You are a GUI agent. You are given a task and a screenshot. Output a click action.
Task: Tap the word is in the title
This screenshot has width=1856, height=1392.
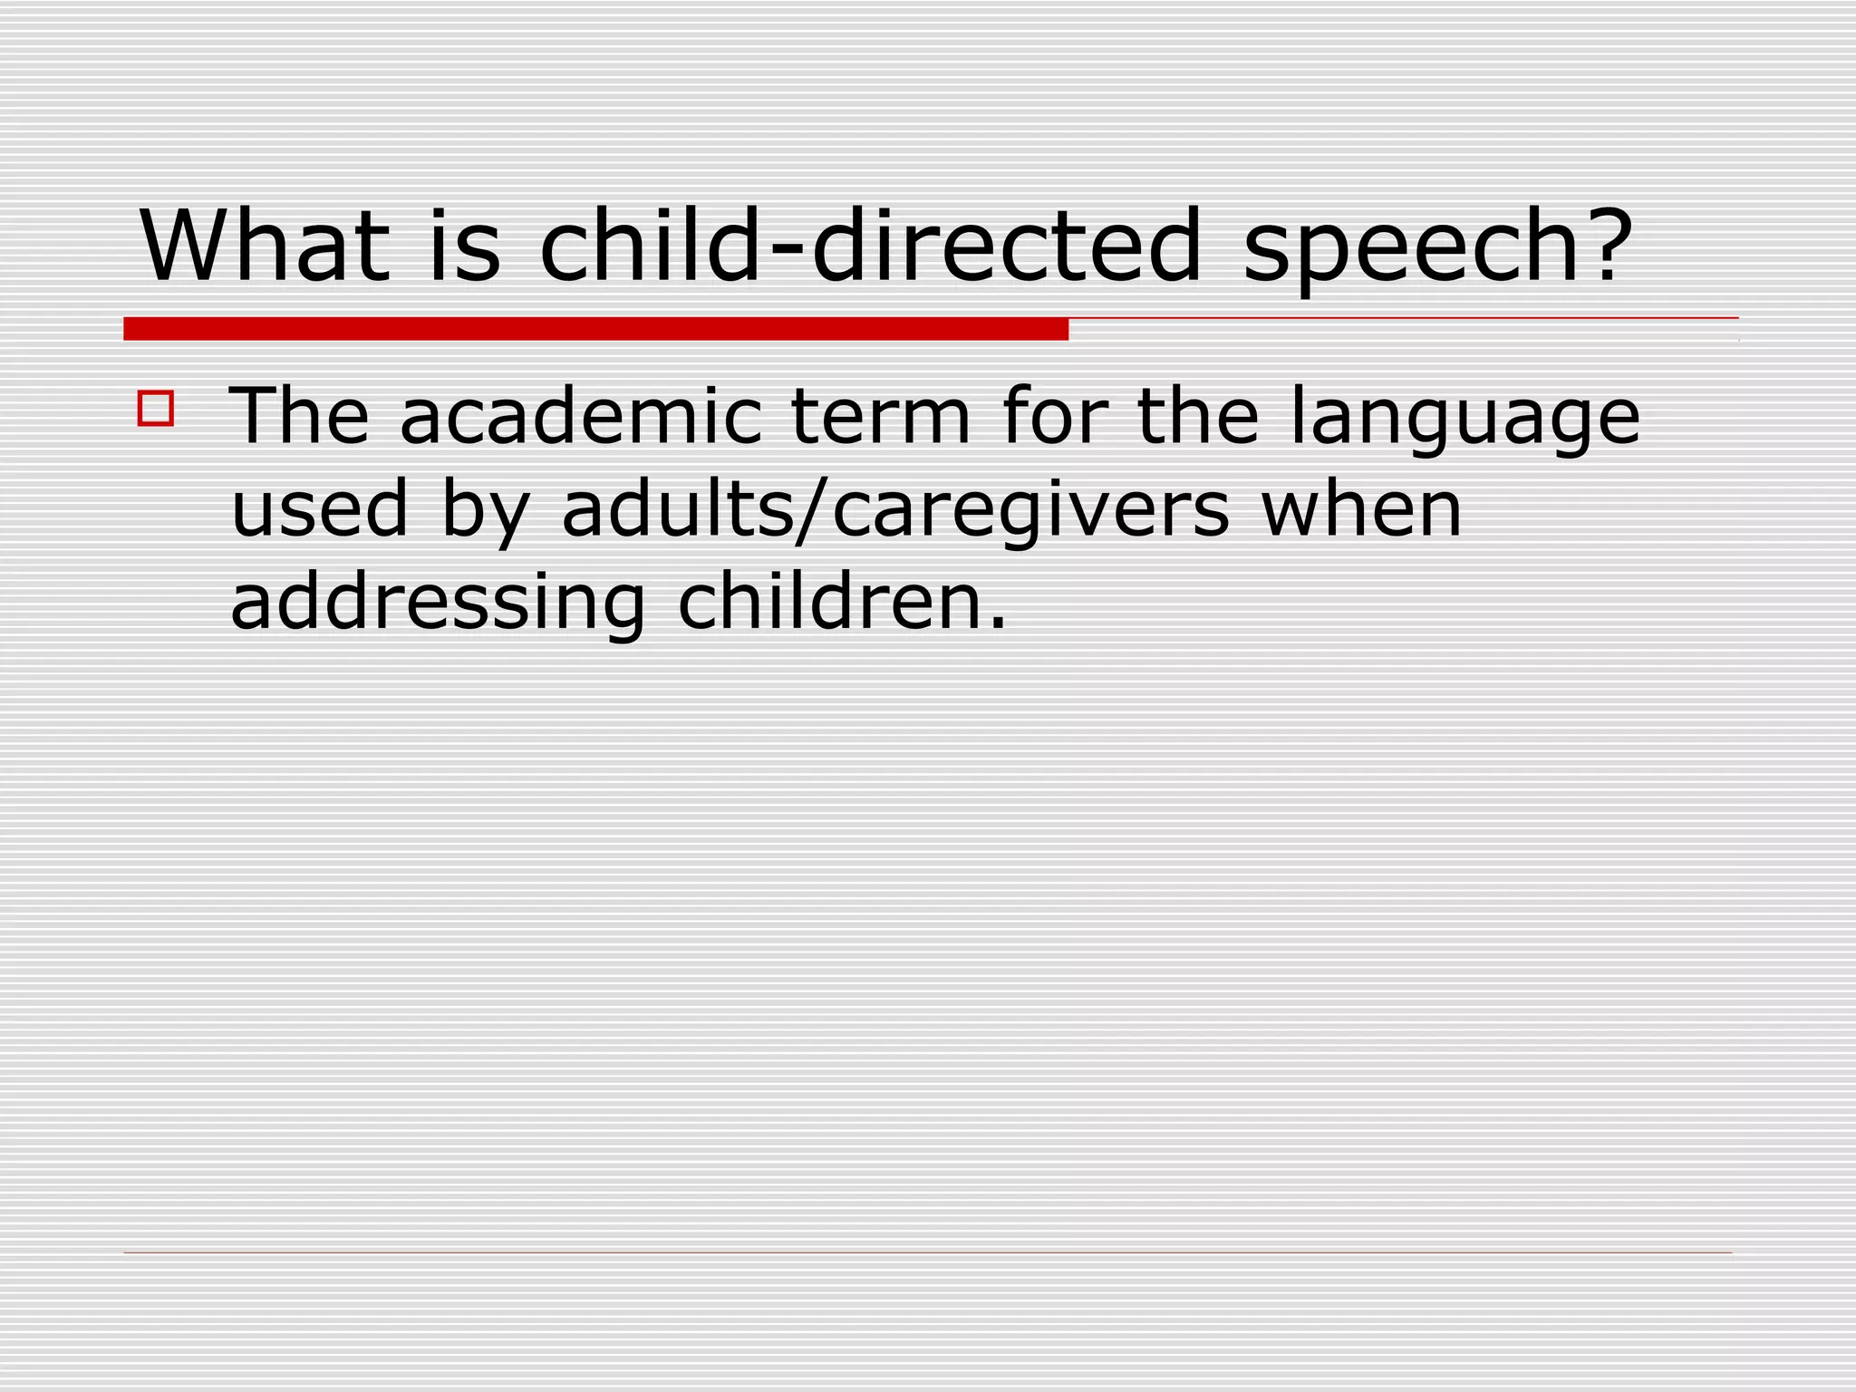[x=464, y=246]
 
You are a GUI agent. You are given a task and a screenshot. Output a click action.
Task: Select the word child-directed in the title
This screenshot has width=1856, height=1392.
[x=870, y=246]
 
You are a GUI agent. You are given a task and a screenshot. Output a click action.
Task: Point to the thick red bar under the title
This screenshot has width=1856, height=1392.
[x=595, y=329]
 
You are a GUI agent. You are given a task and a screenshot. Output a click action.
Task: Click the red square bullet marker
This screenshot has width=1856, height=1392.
[x=155, y=408]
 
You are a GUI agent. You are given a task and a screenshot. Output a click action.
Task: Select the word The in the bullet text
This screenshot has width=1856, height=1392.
[x=300, y=416]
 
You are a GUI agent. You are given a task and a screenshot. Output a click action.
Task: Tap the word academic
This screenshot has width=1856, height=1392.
[x=581, y=416]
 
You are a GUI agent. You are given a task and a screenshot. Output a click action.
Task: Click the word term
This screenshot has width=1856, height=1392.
[x=881, y=416]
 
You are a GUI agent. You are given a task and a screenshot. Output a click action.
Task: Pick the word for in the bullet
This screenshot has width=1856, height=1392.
[x=1054, y=416]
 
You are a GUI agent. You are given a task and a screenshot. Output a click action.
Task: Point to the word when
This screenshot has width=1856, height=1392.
[x=1361, y=509]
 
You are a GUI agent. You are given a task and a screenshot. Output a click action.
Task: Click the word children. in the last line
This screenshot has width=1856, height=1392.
[x=842, y=602]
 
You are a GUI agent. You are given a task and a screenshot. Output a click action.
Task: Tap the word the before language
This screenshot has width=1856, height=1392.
[x=1197, y=416]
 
